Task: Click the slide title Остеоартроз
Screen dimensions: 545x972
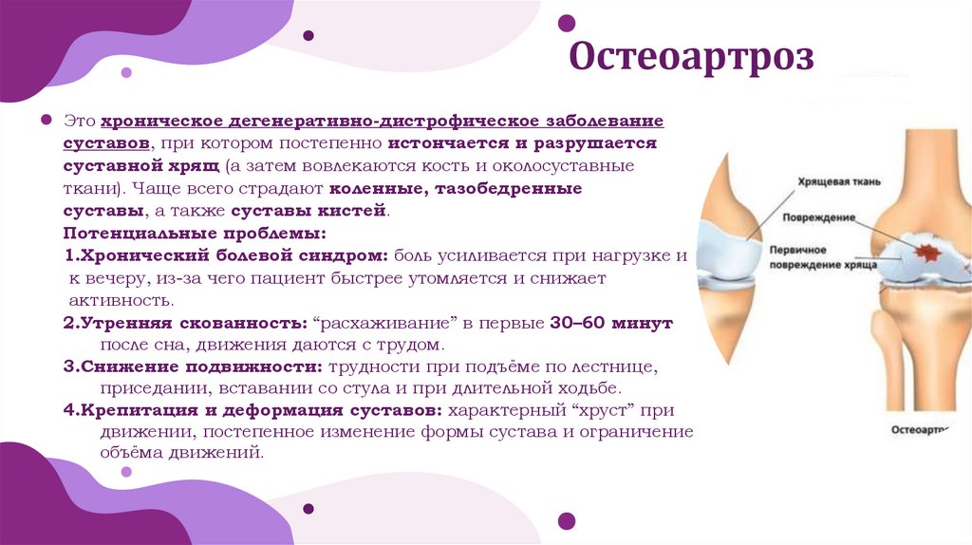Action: tap(691, 58)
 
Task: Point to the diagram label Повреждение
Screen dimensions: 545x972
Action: tap(821, 217)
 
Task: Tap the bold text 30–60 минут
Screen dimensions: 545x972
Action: tap(611, 323)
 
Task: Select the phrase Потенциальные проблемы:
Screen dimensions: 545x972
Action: tap(195, 233)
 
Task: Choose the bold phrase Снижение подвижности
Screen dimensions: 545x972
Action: tap(202, 366)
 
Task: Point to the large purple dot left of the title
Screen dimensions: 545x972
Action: tap(566, 22)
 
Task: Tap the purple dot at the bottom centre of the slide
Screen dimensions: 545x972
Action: tap(566, 519)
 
